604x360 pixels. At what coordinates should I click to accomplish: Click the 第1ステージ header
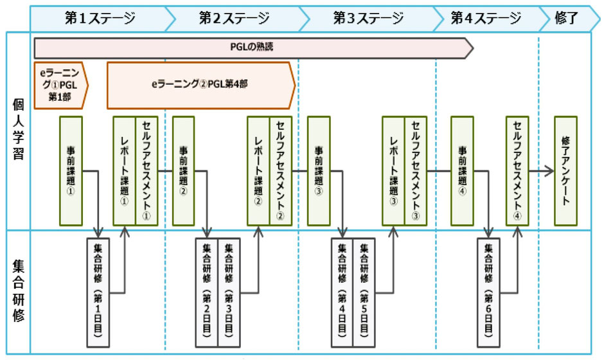(x=100, y=18)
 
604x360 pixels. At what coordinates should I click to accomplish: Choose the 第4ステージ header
(x=486, y=18)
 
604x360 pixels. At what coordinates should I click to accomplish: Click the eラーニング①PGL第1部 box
(x=58, y=84)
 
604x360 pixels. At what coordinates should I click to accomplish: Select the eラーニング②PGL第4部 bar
(x=199, y=84)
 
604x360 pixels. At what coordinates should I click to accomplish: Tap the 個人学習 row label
(x=17, y=132)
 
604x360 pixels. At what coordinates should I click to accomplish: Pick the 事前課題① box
(x=71, y=171)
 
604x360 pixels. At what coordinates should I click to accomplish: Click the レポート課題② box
(x=259, y=171)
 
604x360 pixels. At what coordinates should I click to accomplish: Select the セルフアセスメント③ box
(x=415, y=171)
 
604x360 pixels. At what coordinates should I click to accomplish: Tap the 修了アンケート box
(x=565, y=171)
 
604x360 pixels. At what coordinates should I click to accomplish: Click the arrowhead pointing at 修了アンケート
(x=550, y=171)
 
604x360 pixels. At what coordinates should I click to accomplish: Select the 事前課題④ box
(x=462, y=171)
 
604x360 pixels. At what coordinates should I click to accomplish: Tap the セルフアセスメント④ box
(x=517, y=171)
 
